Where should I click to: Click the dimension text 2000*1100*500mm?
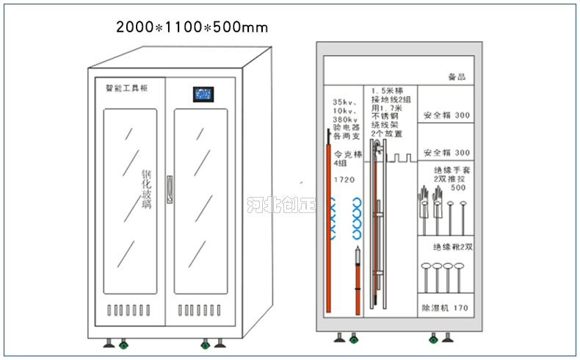tap(192, 28)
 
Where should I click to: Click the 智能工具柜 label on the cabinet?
tap(127, 87)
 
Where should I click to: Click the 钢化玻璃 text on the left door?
tap(146, 190)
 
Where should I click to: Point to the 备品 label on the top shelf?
tap(456, 76)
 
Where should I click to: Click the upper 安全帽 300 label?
tap(446, 116)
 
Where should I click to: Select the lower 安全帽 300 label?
tap(446, 153)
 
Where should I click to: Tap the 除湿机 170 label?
tap(444, 307)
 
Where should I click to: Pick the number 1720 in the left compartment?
tap(344, 179)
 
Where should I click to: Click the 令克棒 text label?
tap(349, 155)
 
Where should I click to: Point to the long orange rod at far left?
tap(328, 220)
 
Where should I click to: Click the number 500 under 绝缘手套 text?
tap(457, 187)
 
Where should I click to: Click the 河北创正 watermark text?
tap(281, 203)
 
